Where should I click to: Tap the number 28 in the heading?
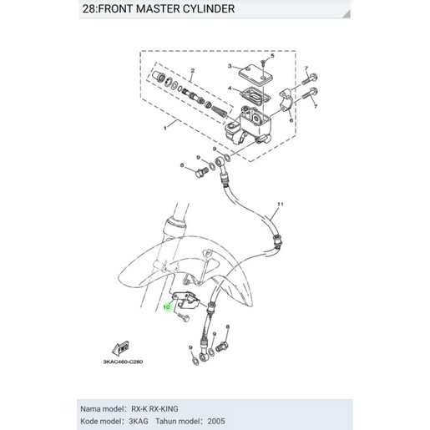point(91,10)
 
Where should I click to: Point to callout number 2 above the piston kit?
point(192,71)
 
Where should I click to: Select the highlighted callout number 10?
point(166,307)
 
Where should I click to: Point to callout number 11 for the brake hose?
point(281,205)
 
